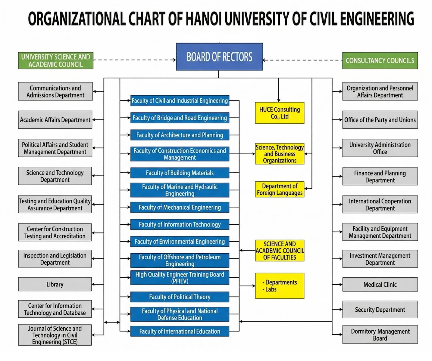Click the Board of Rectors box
point(219,57)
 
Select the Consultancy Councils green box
point(380,60)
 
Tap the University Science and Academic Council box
point(56,60)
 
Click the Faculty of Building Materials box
point(180,173)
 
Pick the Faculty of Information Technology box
point(180,224)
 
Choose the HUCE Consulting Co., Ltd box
point(280,113)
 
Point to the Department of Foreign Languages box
point(280,190)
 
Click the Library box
point(55,284)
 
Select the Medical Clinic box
point(380,285)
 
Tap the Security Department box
point(380,310)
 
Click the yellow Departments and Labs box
point(280,286)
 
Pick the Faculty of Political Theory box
point(180,297)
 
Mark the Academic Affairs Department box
point(55,120)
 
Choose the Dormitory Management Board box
point(380,335)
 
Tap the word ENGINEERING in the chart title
point(377,19)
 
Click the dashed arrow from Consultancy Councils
point(302,60)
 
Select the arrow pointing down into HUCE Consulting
point(279,90)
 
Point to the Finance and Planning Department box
point(380,177)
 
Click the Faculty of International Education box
point(180,331)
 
